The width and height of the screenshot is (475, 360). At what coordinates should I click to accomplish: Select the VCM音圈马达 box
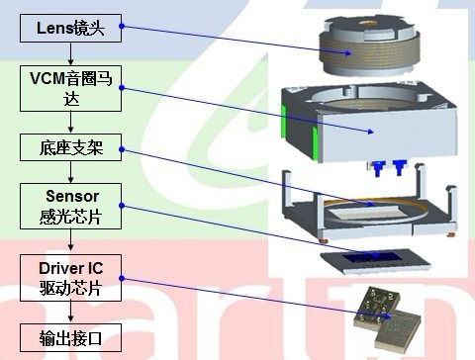[x=70, y=87]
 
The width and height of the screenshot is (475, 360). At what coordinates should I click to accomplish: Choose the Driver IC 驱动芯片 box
[x=70, y=278]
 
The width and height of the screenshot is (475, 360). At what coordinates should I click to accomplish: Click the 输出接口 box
[x=70, y=336]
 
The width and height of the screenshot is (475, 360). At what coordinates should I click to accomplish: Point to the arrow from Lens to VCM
[x=70, y=53]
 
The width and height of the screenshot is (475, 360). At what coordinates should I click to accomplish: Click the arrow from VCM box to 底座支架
[x=70, y=123]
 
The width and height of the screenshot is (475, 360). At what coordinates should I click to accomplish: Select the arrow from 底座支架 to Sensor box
[x=70, y=172]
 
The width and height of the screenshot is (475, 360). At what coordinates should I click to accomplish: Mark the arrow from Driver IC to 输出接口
[x=70, y=312]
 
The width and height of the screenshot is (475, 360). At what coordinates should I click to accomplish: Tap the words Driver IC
[x=70, y=269]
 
